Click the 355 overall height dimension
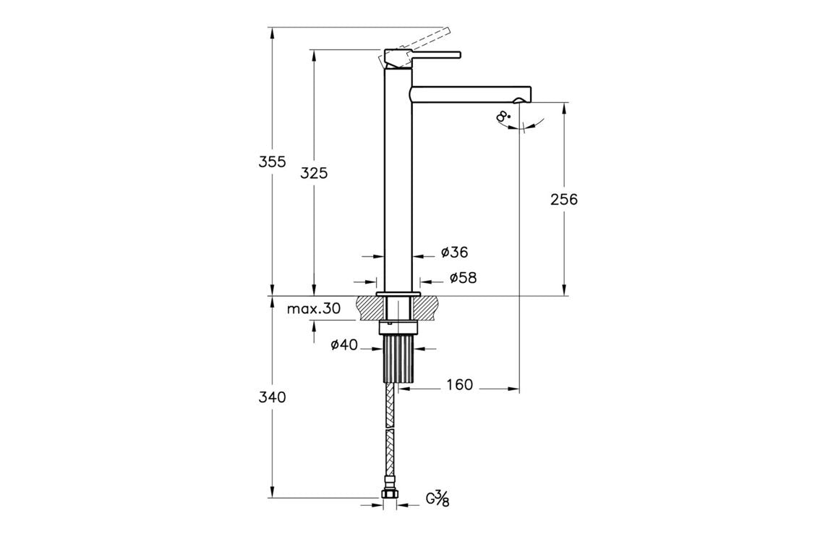click(x=273, y=161)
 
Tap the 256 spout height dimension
click(x=563, y=199)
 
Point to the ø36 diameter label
click(x=454, y=253)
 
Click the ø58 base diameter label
click(x=462, y=278)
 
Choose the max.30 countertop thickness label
click(x=313, y=308)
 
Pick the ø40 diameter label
click(x=344, y=345)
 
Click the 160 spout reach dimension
click(x=459, y=385)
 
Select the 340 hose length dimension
click(x=273, y=397)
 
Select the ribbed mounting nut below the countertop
click(x=398, y=359)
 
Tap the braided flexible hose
click(x=391, y=434)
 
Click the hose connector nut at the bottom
click(x=391, y=496)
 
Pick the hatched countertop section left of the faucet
click(x=368, y=308)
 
